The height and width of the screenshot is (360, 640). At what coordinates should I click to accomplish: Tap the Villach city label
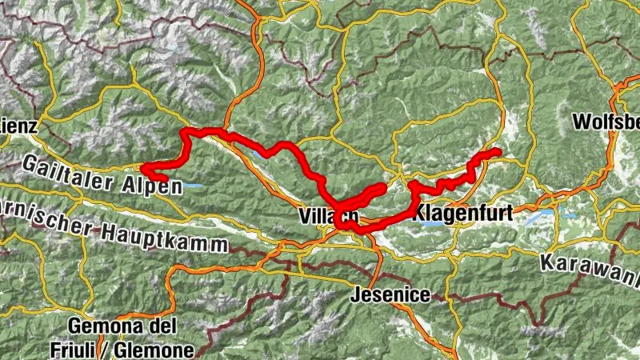pos(326,216)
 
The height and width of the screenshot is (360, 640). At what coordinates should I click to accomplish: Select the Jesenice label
pos(390,294)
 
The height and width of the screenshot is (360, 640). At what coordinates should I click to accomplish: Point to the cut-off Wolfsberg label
pos(606,123)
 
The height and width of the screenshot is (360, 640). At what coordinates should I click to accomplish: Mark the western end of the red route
pos(144,168)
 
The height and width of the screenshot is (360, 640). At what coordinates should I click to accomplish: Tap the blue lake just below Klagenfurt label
pos(433,226)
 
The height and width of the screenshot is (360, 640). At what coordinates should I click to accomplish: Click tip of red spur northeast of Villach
pos(383,186)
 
